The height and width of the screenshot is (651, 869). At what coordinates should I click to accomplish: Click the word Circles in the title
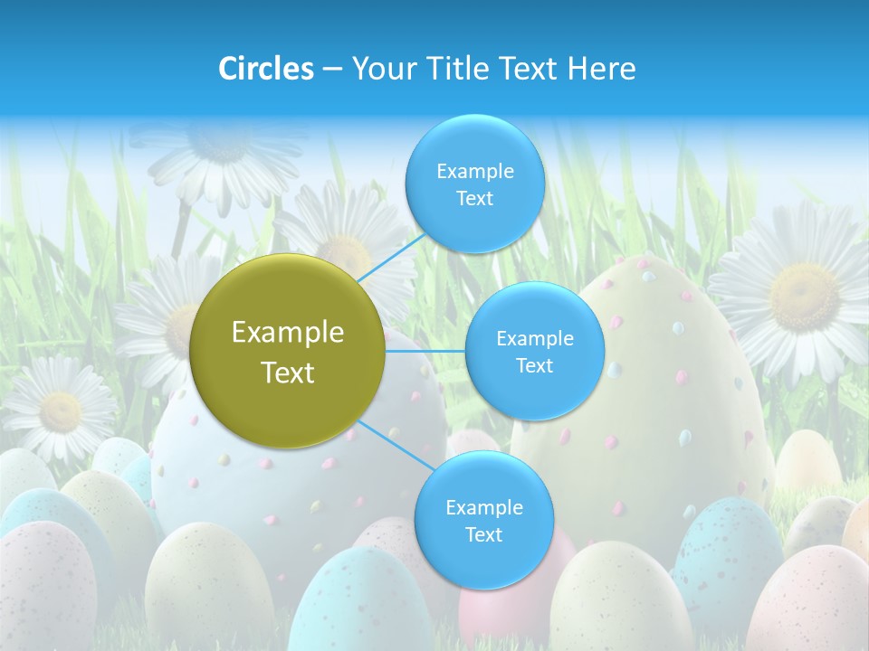pyautogui.click(x=266, y=69)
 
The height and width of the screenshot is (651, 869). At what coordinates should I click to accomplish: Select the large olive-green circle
pyautogui.click(x=288, y=351)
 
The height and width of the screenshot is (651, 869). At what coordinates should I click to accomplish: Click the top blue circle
pyautogui.click(x=474, y=184)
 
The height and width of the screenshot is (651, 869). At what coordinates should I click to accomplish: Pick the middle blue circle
pyautogui.click(x=534, y=351)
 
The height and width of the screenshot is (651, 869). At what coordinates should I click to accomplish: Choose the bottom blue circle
pyautogui.click(x=483, y=520)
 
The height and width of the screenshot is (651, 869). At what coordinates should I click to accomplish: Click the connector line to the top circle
pyautogui.click(x=391, y=258)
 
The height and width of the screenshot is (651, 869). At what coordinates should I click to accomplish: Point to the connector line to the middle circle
pyautogui.click(x=425, y=351)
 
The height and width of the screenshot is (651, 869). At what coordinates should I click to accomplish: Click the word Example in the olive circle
pyautogui.click(x=288, y=333)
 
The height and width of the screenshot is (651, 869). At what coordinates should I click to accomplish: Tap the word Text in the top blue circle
pyautogui.click(x=474, y=199)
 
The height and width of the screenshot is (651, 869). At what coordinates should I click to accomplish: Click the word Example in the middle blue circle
pyautogui.click(x=534, y=339)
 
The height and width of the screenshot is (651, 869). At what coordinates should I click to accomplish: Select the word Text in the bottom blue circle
pyautogui.click(x=483, y=534)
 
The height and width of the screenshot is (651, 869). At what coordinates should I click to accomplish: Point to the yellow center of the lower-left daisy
pyautogui.click(x=60, y=411)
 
